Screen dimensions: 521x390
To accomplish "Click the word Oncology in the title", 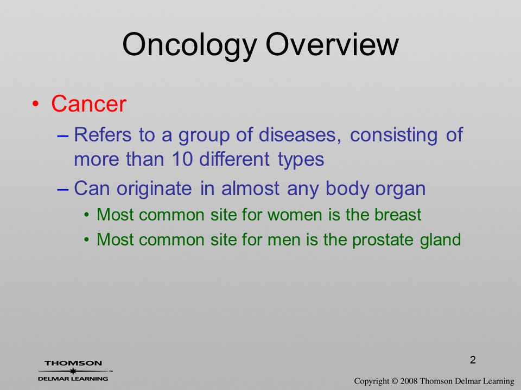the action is pyautogui.click(x=189, y=45).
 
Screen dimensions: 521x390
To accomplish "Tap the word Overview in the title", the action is pyautogui.click(x=332, y=44).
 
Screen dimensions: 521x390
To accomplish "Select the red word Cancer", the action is pyautogui.click(x=88, y=103).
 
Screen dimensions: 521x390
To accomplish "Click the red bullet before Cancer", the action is pyautogui.click(x=35, y=104).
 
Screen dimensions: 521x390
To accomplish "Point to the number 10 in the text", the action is pyautogui.click(x=182, y=159).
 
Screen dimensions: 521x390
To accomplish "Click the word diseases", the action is pyautogui.click(x=300, y=135).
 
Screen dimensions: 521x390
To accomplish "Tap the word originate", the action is pyautogui.click(x=154, y=188).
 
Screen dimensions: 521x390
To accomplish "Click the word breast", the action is pyautogui.click(x=398, y=214).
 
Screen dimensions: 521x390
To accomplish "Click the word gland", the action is pyautogui.click(x=440, y=240).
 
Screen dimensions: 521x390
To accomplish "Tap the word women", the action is pyautogui.click(x=295, y=215).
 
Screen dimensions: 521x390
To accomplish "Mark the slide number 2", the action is pyautogui.click(x=473, y=360).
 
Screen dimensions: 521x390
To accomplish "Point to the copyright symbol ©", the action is pyautogui.click(x=395, y=381).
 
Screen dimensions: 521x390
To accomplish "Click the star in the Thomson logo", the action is pyautogui.click(x=73, y=371).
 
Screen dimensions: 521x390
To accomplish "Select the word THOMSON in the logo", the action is pyautogui.click(x=73, y=363).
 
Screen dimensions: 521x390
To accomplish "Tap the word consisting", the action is pyautogui.click(x=393, y=135).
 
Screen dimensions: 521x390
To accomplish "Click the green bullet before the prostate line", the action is pyautogui.click(x=86, y=239).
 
